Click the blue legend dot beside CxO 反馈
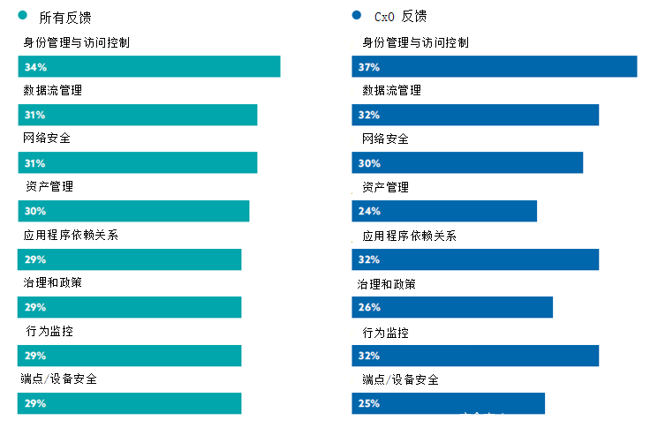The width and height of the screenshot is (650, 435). (357, 16)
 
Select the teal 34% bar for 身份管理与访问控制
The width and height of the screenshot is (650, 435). (149, 67)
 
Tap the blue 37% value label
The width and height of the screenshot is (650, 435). (369, 67)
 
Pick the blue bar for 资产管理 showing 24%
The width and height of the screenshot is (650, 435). (444, 211)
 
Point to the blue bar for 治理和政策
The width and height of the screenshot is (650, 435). (452, 307)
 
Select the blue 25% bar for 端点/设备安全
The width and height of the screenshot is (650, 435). (449, 403)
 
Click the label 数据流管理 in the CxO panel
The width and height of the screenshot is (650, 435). (391, 90)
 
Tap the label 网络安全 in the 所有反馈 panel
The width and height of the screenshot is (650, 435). (47, 139)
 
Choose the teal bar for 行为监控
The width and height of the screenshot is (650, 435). (130, 356)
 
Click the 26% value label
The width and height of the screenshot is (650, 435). (369, 307)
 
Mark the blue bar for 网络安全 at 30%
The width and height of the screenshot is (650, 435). (467, 163)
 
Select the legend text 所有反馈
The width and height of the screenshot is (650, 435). (65, 17)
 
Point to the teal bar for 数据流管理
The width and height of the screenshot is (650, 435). (138, 115)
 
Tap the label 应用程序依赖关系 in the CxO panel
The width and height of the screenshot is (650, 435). (410, 236)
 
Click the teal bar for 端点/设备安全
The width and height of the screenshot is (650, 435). (130, 403)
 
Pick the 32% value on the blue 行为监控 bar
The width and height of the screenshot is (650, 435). (369, 356)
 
